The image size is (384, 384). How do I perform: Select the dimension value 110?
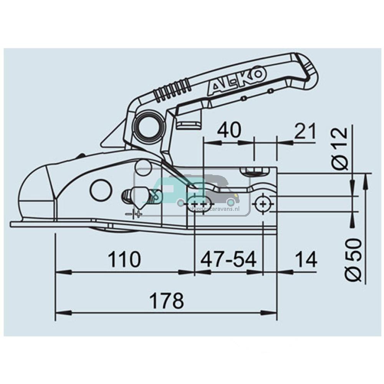[124, 260]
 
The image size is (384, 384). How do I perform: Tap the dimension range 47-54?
[228, 260]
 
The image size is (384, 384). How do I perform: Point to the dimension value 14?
[306, 260]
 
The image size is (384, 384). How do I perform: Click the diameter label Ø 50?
[353, 260]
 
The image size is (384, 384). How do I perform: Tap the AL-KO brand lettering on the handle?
[237, 82]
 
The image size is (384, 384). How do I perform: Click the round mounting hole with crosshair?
[263, 203]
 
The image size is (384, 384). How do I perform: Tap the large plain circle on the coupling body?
[101, 190]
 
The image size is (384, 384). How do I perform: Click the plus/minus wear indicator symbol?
[133, 214]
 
